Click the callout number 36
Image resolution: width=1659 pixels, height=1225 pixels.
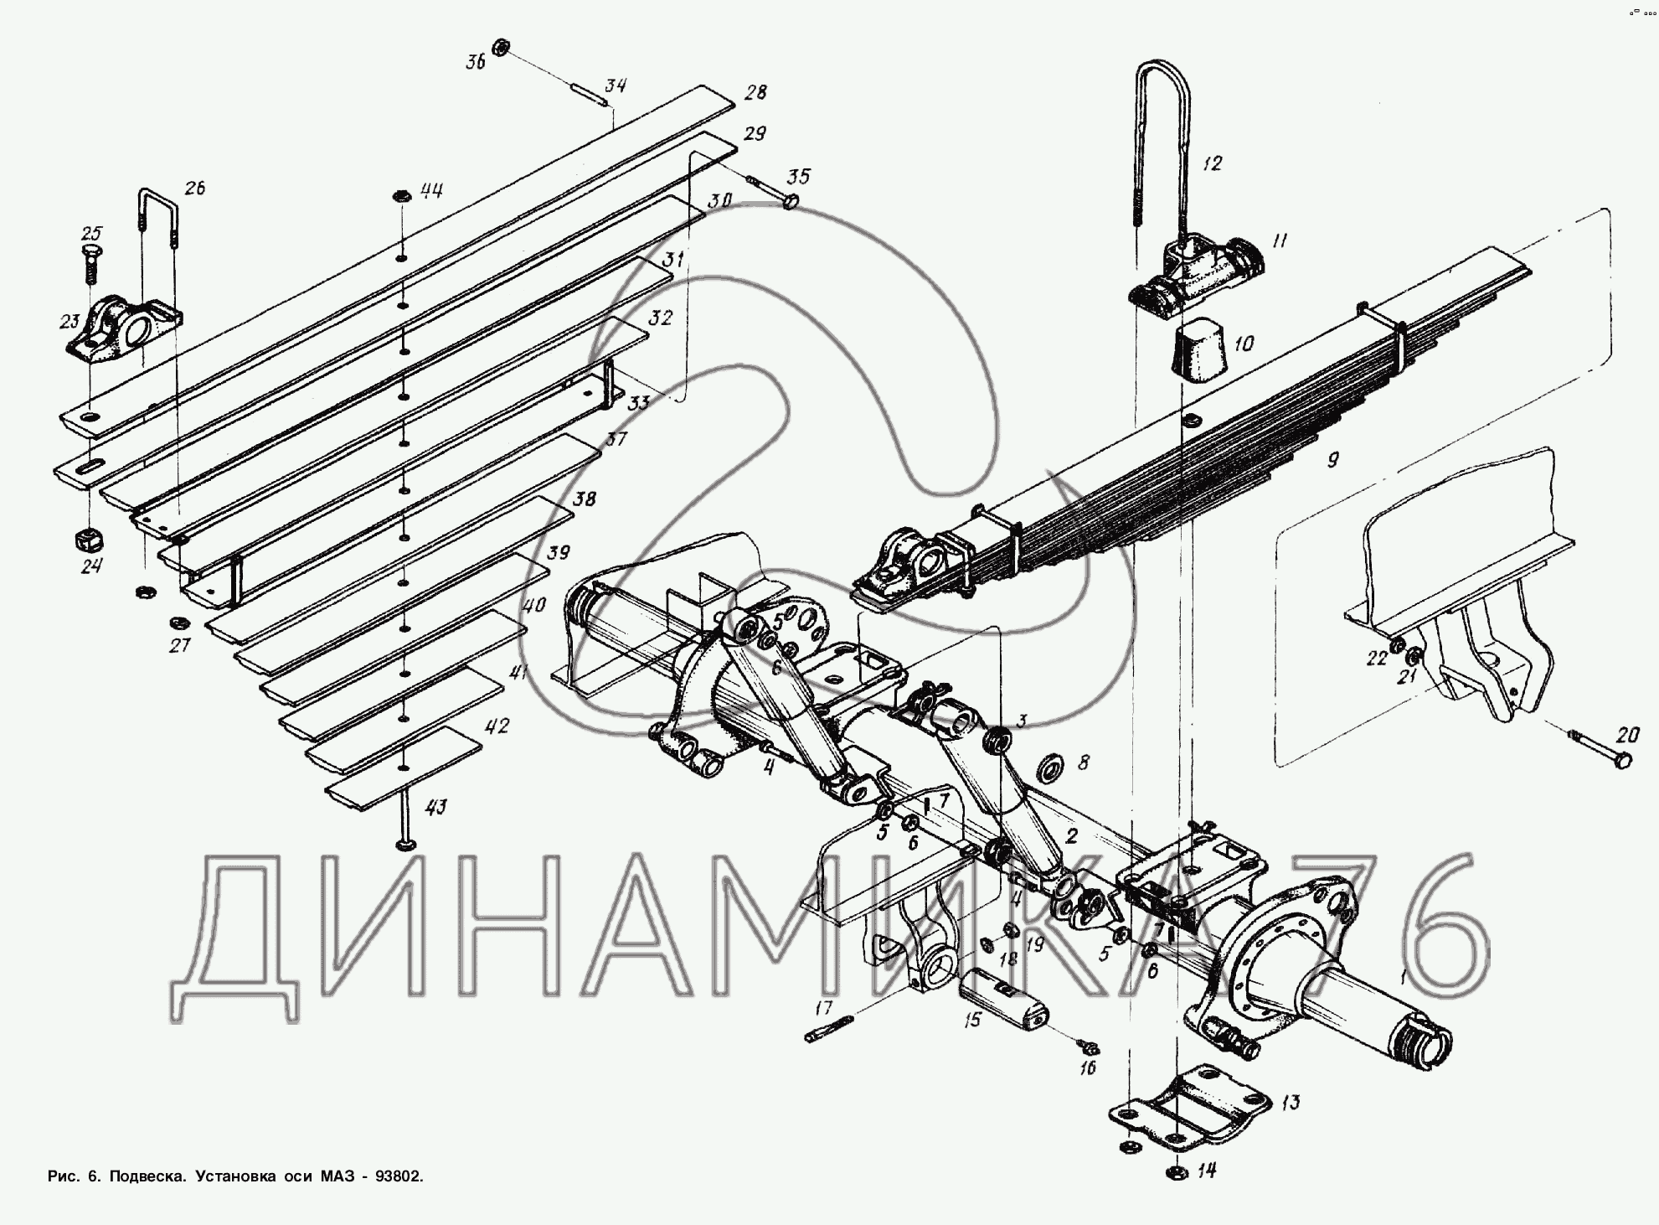[476, 62]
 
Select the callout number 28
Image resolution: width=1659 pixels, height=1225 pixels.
[755, 91]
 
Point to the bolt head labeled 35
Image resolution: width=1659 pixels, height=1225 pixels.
[790, 201]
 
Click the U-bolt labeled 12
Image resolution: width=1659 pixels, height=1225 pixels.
[1159, 142]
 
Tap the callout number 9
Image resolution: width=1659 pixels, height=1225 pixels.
[1333, 458]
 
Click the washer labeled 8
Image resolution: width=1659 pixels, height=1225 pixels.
[1048, 767]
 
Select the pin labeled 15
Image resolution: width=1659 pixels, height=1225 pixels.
[1001, 1001]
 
